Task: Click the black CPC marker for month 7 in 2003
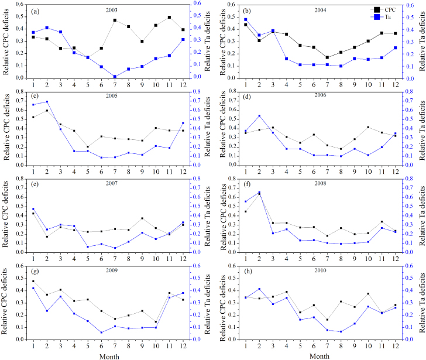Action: coord(115,20)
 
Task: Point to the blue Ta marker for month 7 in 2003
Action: coord(115,76)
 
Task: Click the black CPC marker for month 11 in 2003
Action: coord(169,18)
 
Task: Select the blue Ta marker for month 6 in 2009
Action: coord(101,332)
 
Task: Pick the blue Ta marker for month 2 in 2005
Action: coord(47,102)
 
